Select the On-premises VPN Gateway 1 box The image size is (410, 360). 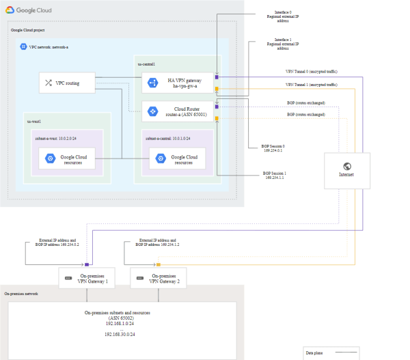(x=87, y=277)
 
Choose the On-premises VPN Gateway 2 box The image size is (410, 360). (x=158, y=277)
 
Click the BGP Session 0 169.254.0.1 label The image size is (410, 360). (x=273, y=148)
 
